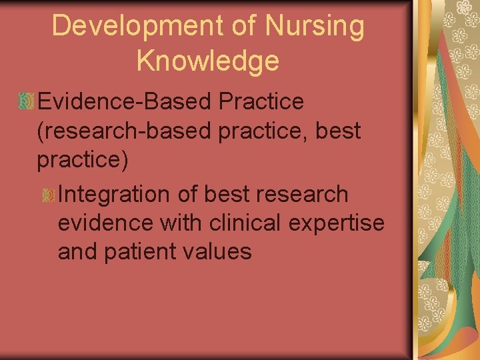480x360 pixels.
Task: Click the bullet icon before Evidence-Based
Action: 26,103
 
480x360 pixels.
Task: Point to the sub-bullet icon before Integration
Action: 48,195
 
